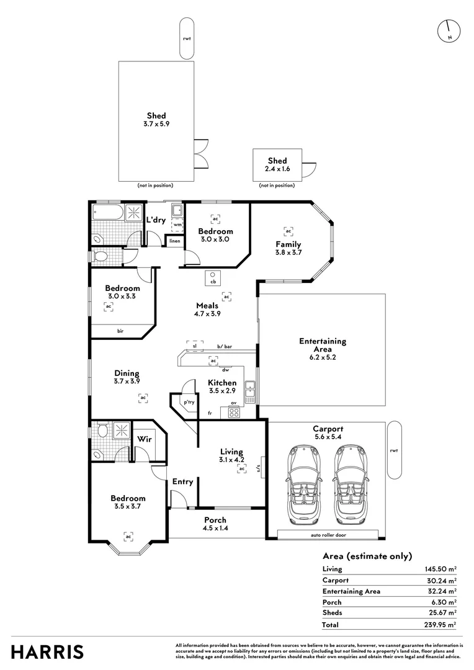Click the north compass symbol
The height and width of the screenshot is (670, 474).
coord(448,30)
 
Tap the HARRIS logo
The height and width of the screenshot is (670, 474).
coord(47,652)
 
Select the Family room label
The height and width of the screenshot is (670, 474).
coord(288,244)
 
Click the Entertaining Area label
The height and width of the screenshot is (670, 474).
coord(323,345)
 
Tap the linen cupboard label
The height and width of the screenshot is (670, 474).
coord(175,241)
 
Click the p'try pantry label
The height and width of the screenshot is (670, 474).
coord(188,403)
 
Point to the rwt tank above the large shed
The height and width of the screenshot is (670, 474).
coord(187,38)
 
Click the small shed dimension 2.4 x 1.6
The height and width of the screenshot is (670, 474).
coord(277,169)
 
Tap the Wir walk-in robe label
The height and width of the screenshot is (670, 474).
coord(144,439)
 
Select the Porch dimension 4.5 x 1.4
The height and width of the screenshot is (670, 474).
coord(215,528)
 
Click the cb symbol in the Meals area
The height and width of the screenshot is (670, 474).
coord(212,277)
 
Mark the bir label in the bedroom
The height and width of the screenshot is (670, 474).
coord(120,331)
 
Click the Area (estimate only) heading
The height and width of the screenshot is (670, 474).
coord(367,556)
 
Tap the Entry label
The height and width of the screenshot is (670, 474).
coord(182,481)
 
